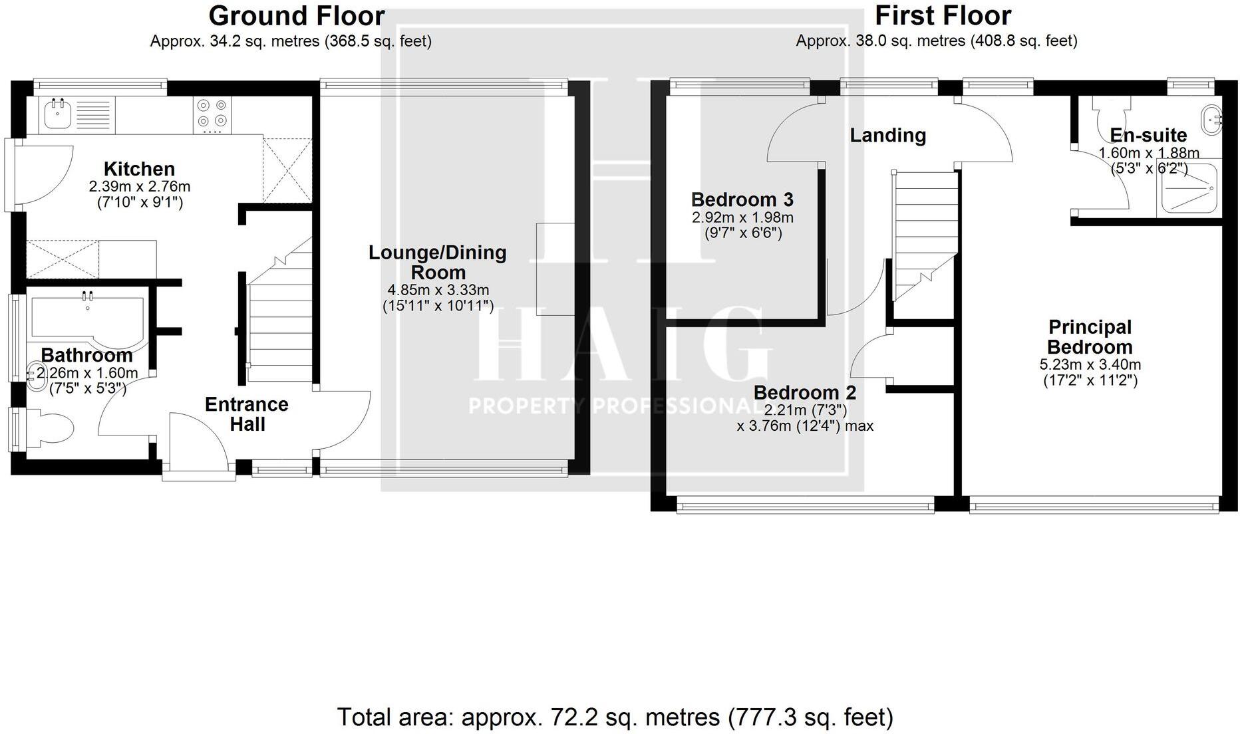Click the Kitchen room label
(x=139, y=169)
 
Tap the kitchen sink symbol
(x=59, y=115)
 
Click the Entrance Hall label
(x=247, y=414)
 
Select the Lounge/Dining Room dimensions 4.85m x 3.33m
(x=438, y=290)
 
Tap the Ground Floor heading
(x=297, y=15)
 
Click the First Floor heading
(x=943, y=15)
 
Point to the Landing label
(x=887, y=136)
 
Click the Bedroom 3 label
(x=742, y=199)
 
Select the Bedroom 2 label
(x=804, y=392)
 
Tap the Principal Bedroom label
(x=1090, y=337)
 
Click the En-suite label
(x=1148, y=136)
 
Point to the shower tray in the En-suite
(x=1189, y=189)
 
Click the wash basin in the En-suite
(x=1212, y=120)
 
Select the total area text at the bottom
(x=615, y=717)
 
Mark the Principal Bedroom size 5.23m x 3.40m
(x=1090, y=365)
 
